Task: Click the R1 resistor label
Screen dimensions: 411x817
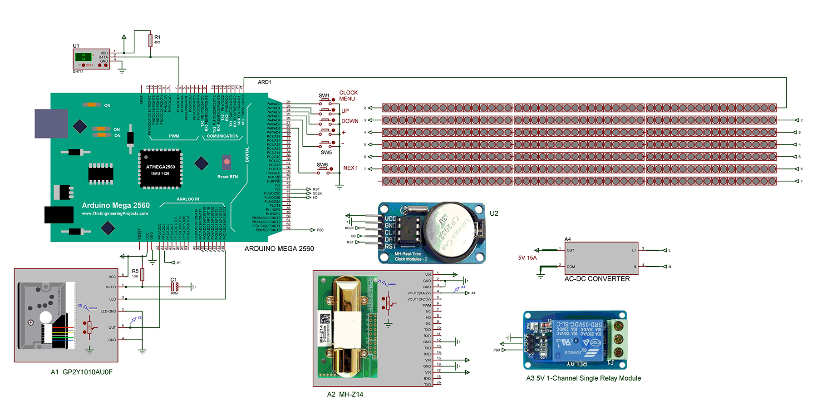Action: (x=157, y=37)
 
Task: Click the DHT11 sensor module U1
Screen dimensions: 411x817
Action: (x=91, y=59)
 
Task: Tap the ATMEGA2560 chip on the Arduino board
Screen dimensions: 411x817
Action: (x=160, y=168)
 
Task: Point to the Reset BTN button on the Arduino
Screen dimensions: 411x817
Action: (x=226, y=162)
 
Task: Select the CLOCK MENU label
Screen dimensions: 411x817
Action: (x=348, y=95)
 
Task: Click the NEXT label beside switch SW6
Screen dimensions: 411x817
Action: (x=350, y=168)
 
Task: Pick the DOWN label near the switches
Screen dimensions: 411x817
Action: (x=350, y=121)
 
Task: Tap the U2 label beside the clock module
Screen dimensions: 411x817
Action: (x=494, y=213)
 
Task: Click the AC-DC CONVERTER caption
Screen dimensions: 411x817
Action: (x=597, y=279)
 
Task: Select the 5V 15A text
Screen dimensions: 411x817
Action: (x=527, y=258)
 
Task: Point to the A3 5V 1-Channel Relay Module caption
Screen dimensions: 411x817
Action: (x=583, y=378)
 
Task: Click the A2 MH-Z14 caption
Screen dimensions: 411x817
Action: (x=345, y=395)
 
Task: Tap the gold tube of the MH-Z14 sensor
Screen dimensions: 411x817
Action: (x=348, y=327)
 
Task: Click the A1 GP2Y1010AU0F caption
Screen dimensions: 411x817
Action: (x=82, y=372)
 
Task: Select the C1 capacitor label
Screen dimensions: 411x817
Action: (x=173, y=280)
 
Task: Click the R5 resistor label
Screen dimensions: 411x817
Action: (x=135, y=271)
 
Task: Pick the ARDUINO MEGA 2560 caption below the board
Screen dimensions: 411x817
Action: (x=279, y=249)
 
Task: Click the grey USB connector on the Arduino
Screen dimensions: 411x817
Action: (x=51, y=124)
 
